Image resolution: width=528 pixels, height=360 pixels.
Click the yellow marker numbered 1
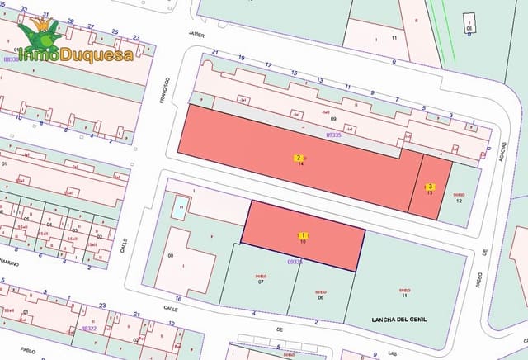[x=302, y=235]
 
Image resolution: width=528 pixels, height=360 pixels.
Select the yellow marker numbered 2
[x=299, y=158]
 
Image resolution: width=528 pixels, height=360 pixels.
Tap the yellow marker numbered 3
[x=431, y=187]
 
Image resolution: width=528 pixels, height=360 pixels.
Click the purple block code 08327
[x=88, y=328]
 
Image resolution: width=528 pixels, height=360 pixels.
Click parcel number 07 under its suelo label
[x=261, y=282]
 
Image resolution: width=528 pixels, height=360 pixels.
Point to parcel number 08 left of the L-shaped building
[x=171, y=256]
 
